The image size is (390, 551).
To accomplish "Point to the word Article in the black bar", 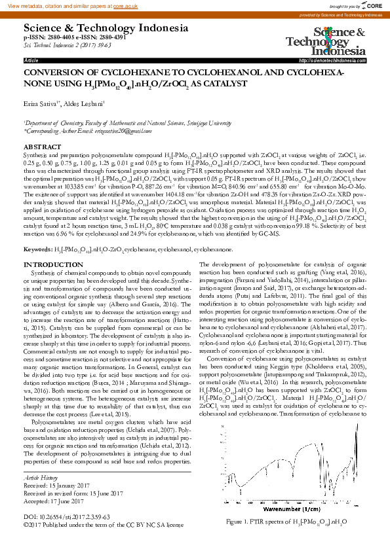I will (x=31, y=60).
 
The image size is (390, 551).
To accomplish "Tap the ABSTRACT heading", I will (x=43, y=147).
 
